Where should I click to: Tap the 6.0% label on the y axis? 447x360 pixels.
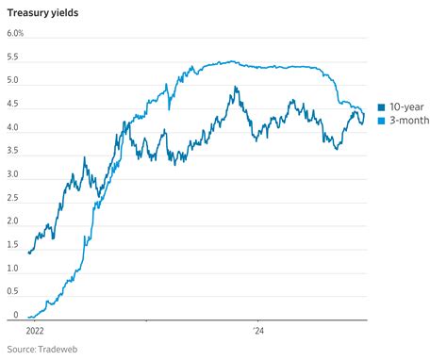click(x=15, y=33)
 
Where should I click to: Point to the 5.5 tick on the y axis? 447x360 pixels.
click(x=13, y=57)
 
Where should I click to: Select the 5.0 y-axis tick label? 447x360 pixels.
click(x=13, y=80)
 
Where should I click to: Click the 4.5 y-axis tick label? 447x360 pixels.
click(x=13, y=104)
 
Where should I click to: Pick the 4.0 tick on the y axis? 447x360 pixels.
click(x=13, y=127)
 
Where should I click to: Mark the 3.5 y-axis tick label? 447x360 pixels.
click(x=13, y=151)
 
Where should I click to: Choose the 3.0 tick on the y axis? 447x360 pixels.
click(x=13, y=174)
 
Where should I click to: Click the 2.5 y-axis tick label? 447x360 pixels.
click(x=13, y=198)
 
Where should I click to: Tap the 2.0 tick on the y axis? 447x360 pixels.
click(x=13, y=221)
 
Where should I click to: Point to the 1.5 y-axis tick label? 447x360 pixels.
click(x=13, y=245)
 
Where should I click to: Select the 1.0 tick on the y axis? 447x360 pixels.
click(x=13, y=269)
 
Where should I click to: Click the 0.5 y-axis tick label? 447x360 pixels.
click(x=13, y=292)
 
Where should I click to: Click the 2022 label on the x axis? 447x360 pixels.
click(x=32, y=331)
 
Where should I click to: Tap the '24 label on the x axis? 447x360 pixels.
click(x=258, y=331)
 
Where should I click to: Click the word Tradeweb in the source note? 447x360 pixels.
click(x=56, y=350)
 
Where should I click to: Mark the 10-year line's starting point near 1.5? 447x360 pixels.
click(x=29, y=253)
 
